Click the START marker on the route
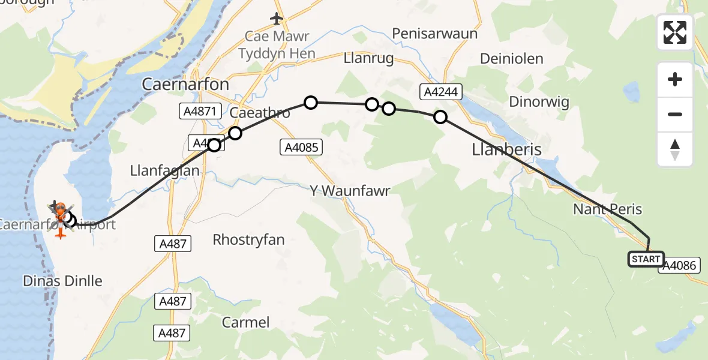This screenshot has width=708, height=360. [x=646, y=259]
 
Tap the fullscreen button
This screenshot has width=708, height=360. [x=675, y=32]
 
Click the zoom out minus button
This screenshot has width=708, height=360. [x=675, y=114]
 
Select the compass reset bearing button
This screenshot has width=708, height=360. [x=675, y=149]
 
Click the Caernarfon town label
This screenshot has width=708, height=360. [x=185, y=85]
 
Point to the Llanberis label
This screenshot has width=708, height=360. [x=507, y=149]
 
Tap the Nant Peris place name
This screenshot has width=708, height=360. [x=607, y=209]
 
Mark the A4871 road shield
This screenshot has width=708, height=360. [x=197, y=111]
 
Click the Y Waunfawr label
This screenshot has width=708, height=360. [x=349, y=191]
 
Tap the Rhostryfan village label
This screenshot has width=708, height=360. [x=248, y=240]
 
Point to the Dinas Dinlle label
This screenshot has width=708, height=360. [x=62, y=281]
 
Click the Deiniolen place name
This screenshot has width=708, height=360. [x=512, y=59]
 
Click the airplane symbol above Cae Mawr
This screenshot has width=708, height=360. [x=276, y=19]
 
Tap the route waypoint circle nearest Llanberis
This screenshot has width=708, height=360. [x=440, y=117]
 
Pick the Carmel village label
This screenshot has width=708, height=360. [x=245, y=322]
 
